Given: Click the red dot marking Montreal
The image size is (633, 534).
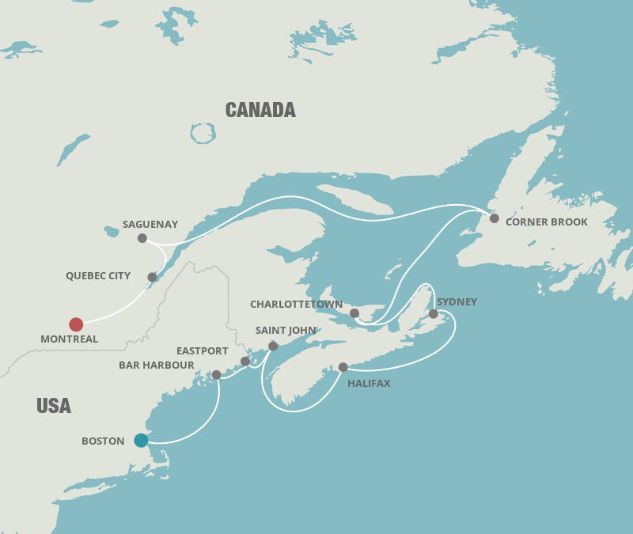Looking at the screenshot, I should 76,324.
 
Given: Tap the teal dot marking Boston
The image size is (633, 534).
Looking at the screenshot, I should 141,441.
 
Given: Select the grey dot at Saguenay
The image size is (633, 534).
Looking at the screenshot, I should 142,238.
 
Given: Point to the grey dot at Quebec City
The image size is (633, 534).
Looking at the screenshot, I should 152,277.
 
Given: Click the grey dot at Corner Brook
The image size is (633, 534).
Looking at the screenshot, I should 495,218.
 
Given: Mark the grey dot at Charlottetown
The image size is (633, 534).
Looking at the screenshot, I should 354,313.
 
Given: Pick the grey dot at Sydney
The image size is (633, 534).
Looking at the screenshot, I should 434,314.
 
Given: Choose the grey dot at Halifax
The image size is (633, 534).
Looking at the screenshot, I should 343,367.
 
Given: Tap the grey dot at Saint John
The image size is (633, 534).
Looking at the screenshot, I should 273,346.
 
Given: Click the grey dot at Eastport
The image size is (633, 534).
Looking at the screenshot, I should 245,362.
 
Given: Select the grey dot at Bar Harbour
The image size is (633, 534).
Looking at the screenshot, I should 216,375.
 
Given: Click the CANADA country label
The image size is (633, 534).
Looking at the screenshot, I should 260,110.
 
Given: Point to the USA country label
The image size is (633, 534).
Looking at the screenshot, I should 54,406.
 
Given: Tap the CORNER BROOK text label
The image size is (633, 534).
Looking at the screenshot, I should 547,222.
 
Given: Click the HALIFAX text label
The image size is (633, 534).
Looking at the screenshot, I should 369,384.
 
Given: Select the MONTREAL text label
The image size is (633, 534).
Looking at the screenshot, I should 70,339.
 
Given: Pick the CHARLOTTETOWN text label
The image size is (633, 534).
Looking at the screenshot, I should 297,305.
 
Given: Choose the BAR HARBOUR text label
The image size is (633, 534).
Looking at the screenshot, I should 157,365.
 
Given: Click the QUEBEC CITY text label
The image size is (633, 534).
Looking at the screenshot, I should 98,276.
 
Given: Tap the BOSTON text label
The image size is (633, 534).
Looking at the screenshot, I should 103,441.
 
